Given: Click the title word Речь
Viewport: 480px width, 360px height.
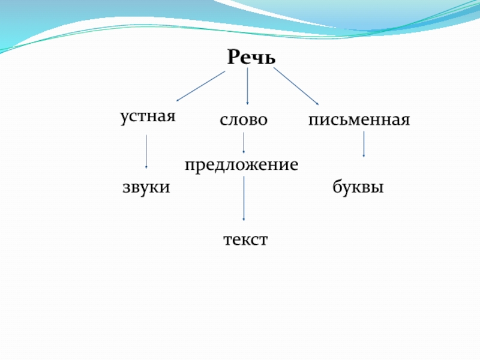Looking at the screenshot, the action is coord(251,58).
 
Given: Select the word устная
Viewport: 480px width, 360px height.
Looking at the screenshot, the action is coord(148,116).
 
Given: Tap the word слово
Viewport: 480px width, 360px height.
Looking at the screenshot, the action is coord(243,120).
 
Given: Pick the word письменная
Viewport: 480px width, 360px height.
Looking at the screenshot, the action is coord(359,120).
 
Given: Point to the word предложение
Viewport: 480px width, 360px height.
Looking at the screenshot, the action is coord(241,164).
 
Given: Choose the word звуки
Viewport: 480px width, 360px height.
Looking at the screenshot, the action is coord(146,188).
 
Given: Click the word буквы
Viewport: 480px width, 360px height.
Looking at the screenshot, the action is coord(358,188).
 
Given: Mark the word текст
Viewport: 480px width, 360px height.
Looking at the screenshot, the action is coord(245,240).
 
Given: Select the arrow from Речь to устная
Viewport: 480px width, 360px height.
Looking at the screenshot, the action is coord(200,86).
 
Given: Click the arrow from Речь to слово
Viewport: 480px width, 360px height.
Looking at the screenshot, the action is coord(247,86).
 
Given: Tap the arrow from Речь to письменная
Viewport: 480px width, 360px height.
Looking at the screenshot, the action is coord(296,86).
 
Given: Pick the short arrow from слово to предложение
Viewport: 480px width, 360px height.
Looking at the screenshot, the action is coord(244,143).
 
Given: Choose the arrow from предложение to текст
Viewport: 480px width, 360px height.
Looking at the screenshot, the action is coord(244,199).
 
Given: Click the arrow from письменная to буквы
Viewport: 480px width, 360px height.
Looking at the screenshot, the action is coord(364,145).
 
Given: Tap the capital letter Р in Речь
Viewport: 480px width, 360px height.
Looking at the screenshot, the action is coord(233,58).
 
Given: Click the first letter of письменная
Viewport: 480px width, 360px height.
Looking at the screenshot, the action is coord(313,121).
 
